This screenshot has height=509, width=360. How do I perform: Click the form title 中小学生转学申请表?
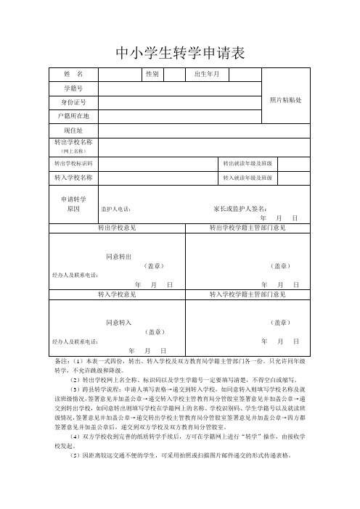click(x=180, y=53)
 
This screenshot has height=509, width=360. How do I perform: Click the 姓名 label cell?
click(x=73, y=74)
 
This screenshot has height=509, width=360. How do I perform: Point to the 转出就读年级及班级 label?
click(x=247, y=164)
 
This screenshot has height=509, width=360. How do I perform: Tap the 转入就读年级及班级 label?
click(x=247, y=178)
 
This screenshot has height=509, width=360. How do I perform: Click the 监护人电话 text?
click(x=116, y=210)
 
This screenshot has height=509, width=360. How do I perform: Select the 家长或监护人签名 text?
click(x=240, y=209)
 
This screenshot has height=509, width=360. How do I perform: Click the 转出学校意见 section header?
click(x=117, y=228)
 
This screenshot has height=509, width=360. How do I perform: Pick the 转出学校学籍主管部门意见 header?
click(x=247, y=228)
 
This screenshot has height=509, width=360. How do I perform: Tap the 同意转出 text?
click(x=118, y=257)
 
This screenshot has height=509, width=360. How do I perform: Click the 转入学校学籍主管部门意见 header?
click(x=247, y=295)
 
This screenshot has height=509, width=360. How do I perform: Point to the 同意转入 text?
click(x=118, y=321)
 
